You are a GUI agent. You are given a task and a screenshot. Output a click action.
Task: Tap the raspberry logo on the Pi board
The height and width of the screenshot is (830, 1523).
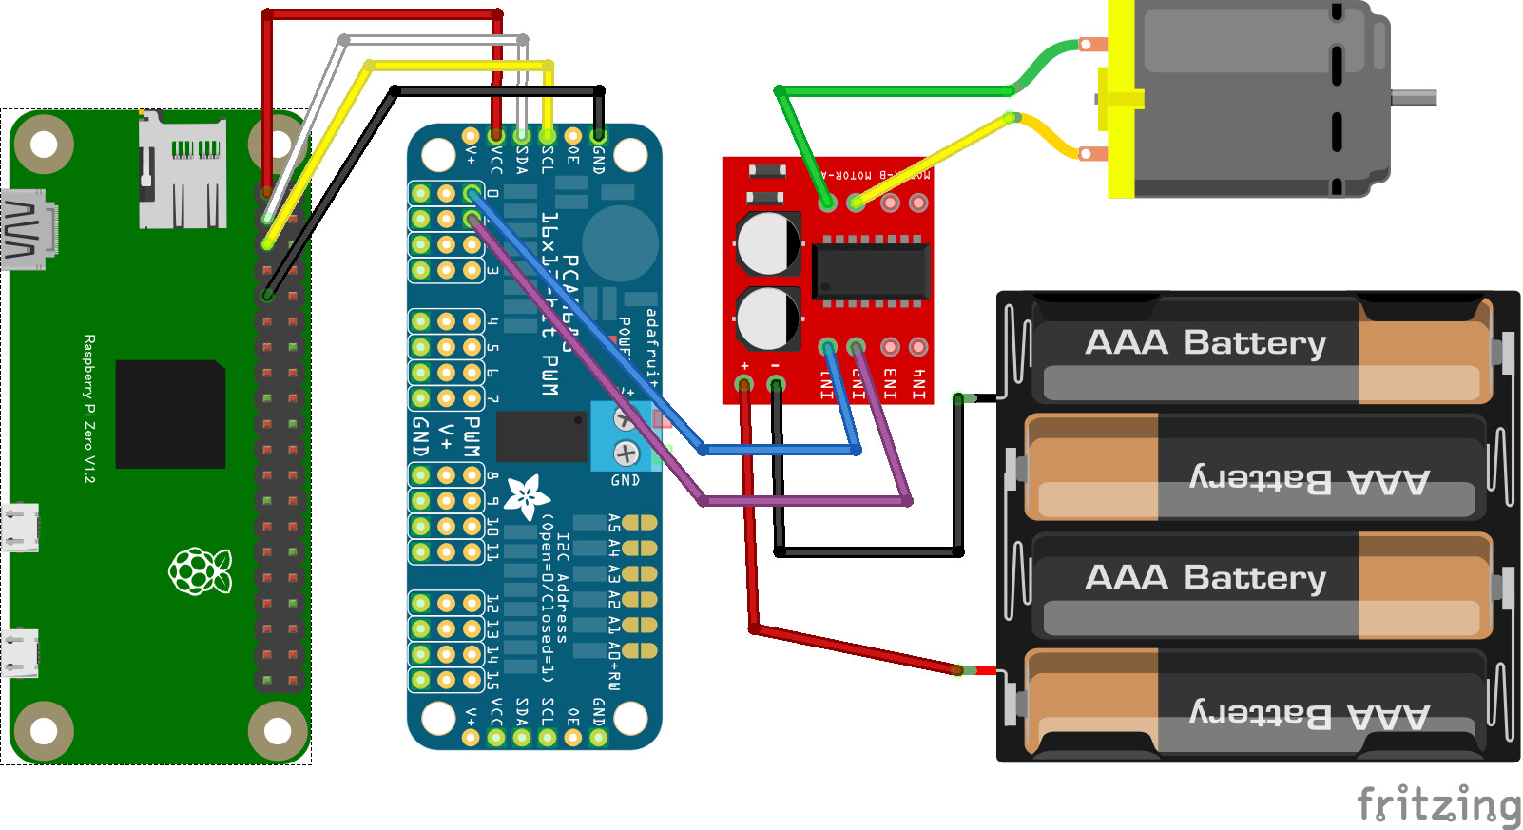tap(200, 570)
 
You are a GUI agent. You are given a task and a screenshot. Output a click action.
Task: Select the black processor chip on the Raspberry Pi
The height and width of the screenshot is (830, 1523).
tap(170, 414)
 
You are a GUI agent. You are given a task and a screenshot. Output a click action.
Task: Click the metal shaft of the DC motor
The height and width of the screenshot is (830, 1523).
tap(1414, 97)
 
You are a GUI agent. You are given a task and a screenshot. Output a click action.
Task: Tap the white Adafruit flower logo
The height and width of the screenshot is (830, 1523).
tap(526, 496)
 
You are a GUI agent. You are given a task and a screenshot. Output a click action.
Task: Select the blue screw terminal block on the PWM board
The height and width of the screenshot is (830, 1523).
tap(624, 436)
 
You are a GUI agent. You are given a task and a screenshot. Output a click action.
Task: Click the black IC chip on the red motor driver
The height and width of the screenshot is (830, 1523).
tap(870, 271)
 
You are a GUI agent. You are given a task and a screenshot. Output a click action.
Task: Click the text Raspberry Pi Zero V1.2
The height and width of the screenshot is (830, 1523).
tap(89, 409)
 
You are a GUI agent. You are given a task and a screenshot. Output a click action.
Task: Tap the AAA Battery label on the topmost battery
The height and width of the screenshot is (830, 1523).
tap(1205, 342)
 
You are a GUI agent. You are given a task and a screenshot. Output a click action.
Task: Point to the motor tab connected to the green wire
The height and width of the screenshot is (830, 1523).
tap(1093, 44)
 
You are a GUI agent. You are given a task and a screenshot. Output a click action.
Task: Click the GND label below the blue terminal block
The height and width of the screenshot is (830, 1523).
tap(625, 481)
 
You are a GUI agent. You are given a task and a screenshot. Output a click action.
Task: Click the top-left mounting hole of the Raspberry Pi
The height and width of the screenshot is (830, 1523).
tap(44, 145)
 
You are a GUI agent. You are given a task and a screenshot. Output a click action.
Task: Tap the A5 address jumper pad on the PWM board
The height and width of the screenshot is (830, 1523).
tap(640, 522)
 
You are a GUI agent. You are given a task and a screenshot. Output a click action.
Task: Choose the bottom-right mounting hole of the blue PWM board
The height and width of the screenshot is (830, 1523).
tap(629, 718)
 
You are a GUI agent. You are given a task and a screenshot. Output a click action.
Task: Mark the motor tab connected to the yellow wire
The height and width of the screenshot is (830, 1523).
tap(1093, 152)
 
